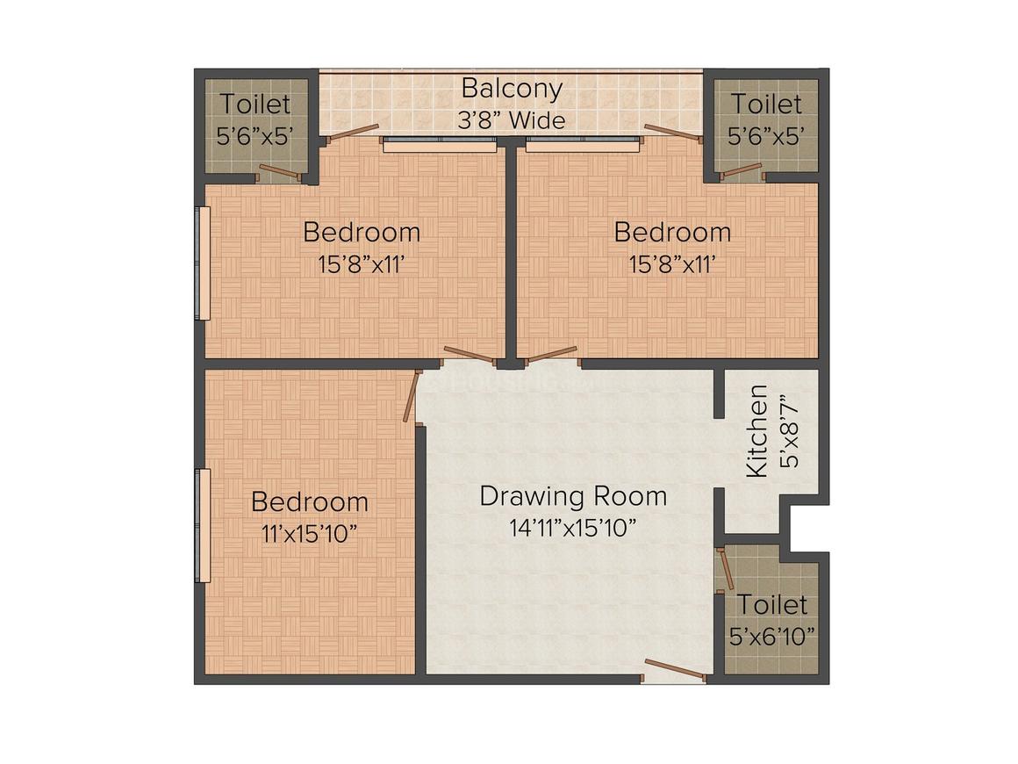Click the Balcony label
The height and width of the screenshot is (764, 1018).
pyautogui.click(x=512, y=89)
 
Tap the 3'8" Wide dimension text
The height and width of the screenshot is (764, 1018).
pyautogui.click(x=512, y=120)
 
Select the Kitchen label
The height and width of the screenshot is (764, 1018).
pyautogui.click(x=757, y=431)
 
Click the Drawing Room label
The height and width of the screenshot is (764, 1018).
pyautogui.click(x=573, y=496)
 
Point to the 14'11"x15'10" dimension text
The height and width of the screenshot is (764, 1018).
pyautogui.click(x=572, y=528)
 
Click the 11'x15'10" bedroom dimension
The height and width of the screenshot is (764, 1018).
pyautogui.click(x=309, y=534)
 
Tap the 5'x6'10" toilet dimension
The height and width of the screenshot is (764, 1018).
pyautogui.click(x=772, y=636)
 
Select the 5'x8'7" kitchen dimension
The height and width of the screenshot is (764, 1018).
pyautogui.click(x=790, y=431)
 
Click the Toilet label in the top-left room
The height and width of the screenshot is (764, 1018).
pyautogui.click(x=254, y=104)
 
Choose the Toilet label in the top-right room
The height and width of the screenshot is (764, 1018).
pyautogui.click(x=767, y=104)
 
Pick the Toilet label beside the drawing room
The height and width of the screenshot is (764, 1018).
pyautogui.click(x=772, y=605)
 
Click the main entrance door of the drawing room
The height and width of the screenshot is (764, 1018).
pyautogui.click(x=675, y=670)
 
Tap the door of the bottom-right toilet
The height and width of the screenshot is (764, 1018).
pyautogui.click(x=725, y=570)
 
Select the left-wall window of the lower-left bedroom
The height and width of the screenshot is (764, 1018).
pyautogui.click(x=204, y=525)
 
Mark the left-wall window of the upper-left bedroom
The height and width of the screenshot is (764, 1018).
pyautogui.click(x=204, y=263)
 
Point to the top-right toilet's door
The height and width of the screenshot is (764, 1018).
pyautogui.click(x=742, y=171)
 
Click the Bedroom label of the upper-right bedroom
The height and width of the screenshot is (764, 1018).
pyautogui.click(x=672, y=232)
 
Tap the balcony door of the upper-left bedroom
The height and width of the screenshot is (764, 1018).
pyautogui.click(x=352, y=132)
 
